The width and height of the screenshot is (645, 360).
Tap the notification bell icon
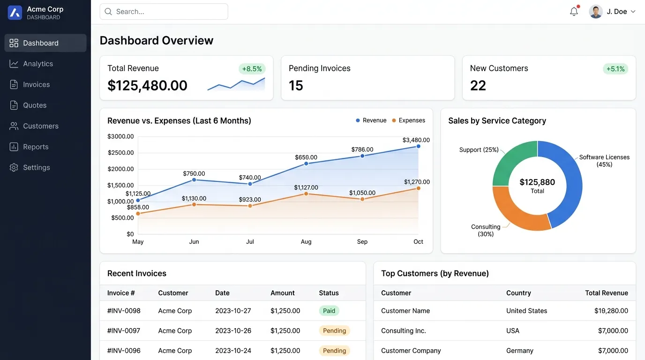[x=574, y=11]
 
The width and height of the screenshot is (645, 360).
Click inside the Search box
[x=164, y=12]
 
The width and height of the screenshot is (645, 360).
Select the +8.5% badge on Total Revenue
[x=252, y=69]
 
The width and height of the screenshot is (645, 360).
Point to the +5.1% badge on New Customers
[x=615, y=69]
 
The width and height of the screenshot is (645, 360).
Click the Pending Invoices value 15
[x=296, y=85]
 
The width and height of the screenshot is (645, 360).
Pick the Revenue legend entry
[x=371, y=120]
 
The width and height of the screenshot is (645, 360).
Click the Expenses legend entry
[x=408, y=120]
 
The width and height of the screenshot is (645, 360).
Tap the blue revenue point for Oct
[x=419, y=146]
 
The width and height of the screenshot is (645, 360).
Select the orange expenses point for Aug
[x=306, y=194]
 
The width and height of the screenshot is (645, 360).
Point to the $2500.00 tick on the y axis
[x=120, y=153]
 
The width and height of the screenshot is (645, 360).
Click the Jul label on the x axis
[x=250, y=241]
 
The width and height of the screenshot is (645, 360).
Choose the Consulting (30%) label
[x=486, y=231]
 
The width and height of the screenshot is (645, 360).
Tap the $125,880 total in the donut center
[x=537, y=182]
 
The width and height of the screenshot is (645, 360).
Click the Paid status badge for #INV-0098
[x=329, y=311]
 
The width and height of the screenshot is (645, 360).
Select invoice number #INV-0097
[x=124, y=330]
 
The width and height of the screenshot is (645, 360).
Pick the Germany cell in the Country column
[x=520, y=351]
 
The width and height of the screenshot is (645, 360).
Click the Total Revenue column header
[x=607, y=293]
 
